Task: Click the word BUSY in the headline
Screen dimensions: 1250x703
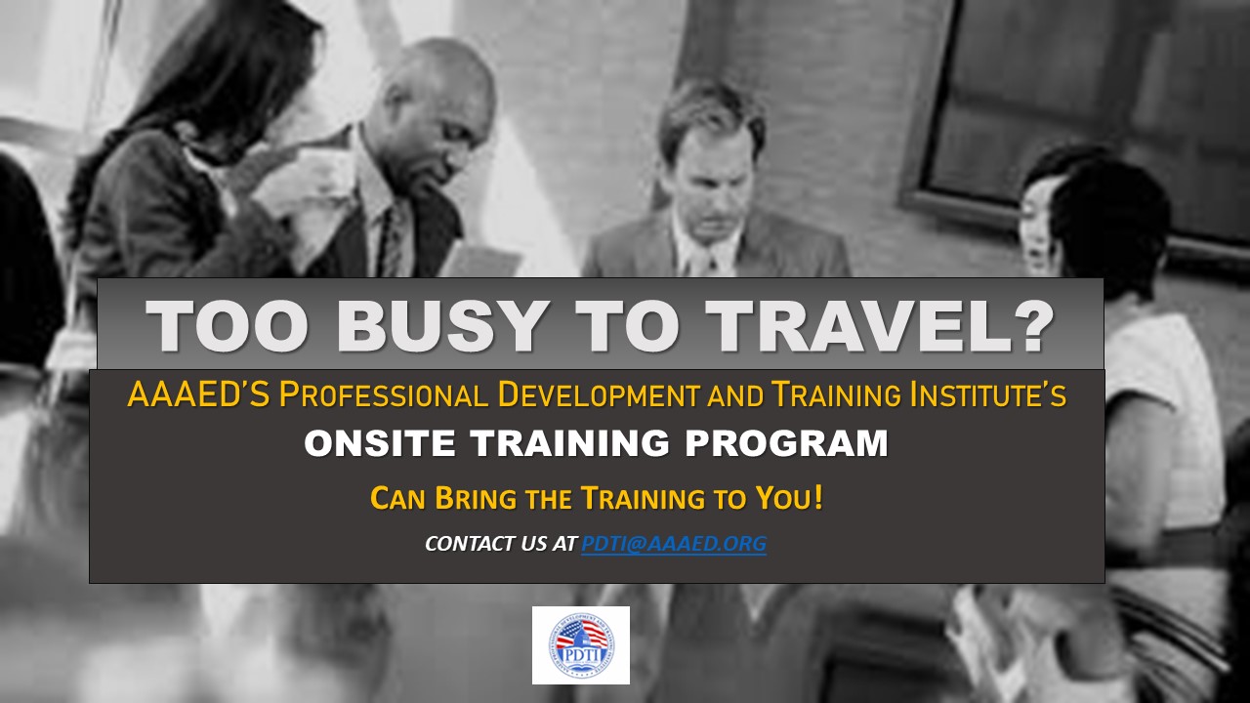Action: [x=439, y=326]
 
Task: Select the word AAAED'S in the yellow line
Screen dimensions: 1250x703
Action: [x=198, y=393]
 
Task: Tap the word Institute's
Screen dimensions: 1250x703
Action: [x=987, y=393]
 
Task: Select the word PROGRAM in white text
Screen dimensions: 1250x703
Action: [x=786, y=443]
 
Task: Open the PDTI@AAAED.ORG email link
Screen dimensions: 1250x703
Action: [x=674, y=544]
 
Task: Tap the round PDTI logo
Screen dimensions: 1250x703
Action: [x=581, y=645]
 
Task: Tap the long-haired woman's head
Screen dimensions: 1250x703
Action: [x=245, y=78]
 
